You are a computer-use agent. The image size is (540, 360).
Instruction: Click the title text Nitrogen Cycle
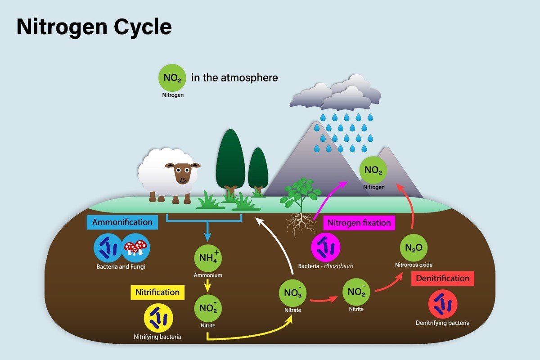coord(94,27)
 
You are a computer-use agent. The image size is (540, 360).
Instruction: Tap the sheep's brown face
coord(182,173)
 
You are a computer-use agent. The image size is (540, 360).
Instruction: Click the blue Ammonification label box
coord(122,222)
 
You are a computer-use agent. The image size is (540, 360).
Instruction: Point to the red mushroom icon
coord(135,247)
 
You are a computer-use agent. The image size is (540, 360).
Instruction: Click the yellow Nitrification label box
coord(157,292)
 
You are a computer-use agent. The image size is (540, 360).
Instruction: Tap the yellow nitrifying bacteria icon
coord(158,317)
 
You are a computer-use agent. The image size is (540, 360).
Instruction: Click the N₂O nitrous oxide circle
coord(414,247)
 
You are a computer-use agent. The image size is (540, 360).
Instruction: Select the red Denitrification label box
coord(442,278)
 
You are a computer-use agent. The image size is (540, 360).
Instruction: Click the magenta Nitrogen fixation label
coord(359,223)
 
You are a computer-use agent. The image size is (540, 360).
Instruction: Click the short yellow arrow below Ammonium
coord(207,284)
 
